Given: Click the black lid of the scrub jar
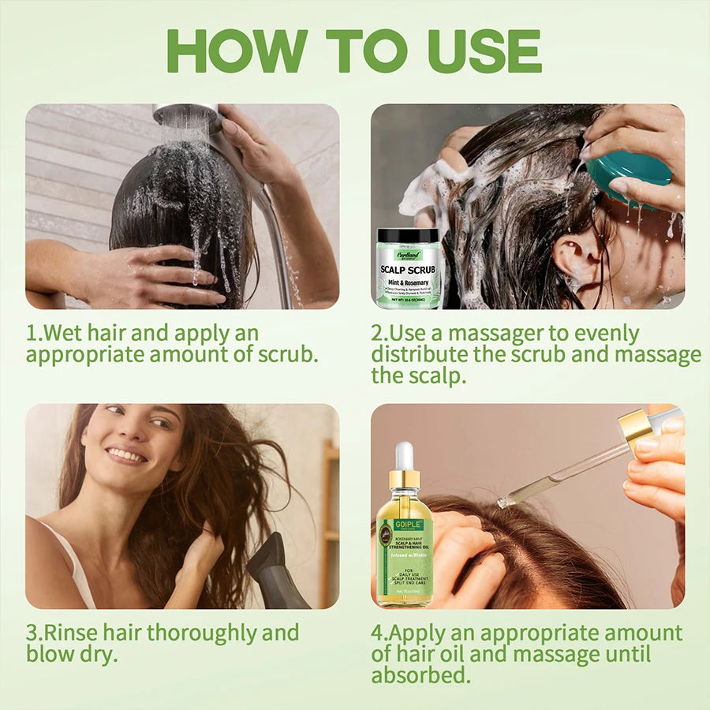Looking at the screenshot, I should [409, 235].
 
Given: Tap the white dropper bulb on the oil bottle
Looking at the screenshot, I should [404, 455].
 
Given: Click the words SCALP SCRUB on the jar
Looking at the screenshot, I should [408, 269].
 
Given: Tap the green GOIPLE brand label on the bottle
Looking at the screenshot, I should [408, 525].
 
